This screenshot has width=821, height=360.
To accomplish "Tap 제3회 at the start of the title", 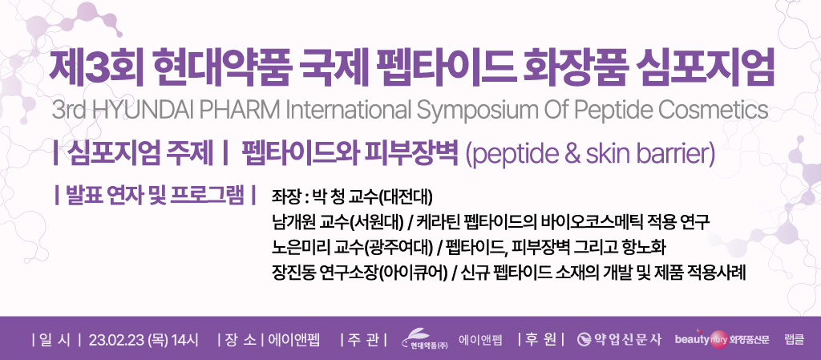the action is click(x=96, y=68).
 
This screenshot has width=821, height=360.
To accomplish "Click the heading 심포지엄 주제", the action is click(x=140, y=154).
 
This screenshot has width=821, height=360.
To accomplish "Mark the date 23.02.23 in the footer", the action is click(x=117, y=340).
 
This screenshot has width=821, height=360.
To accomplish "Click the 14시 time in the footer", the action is click(x=185, y=340).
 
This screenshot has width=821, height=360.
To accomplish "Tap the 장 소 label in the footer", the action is click(x=241, y=340).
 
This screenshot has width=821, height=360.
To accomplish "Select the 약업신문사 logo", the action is click(x=620, y=340).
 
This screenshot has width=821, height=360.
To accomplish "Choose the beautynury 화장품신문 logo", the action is click(x=722, y=340).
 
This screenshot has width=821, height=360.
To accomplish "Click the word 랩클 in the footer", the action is click(x=795, y=340).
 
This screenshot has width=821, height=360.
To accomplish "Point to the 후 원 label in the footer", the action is click(x=541, y=340).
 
